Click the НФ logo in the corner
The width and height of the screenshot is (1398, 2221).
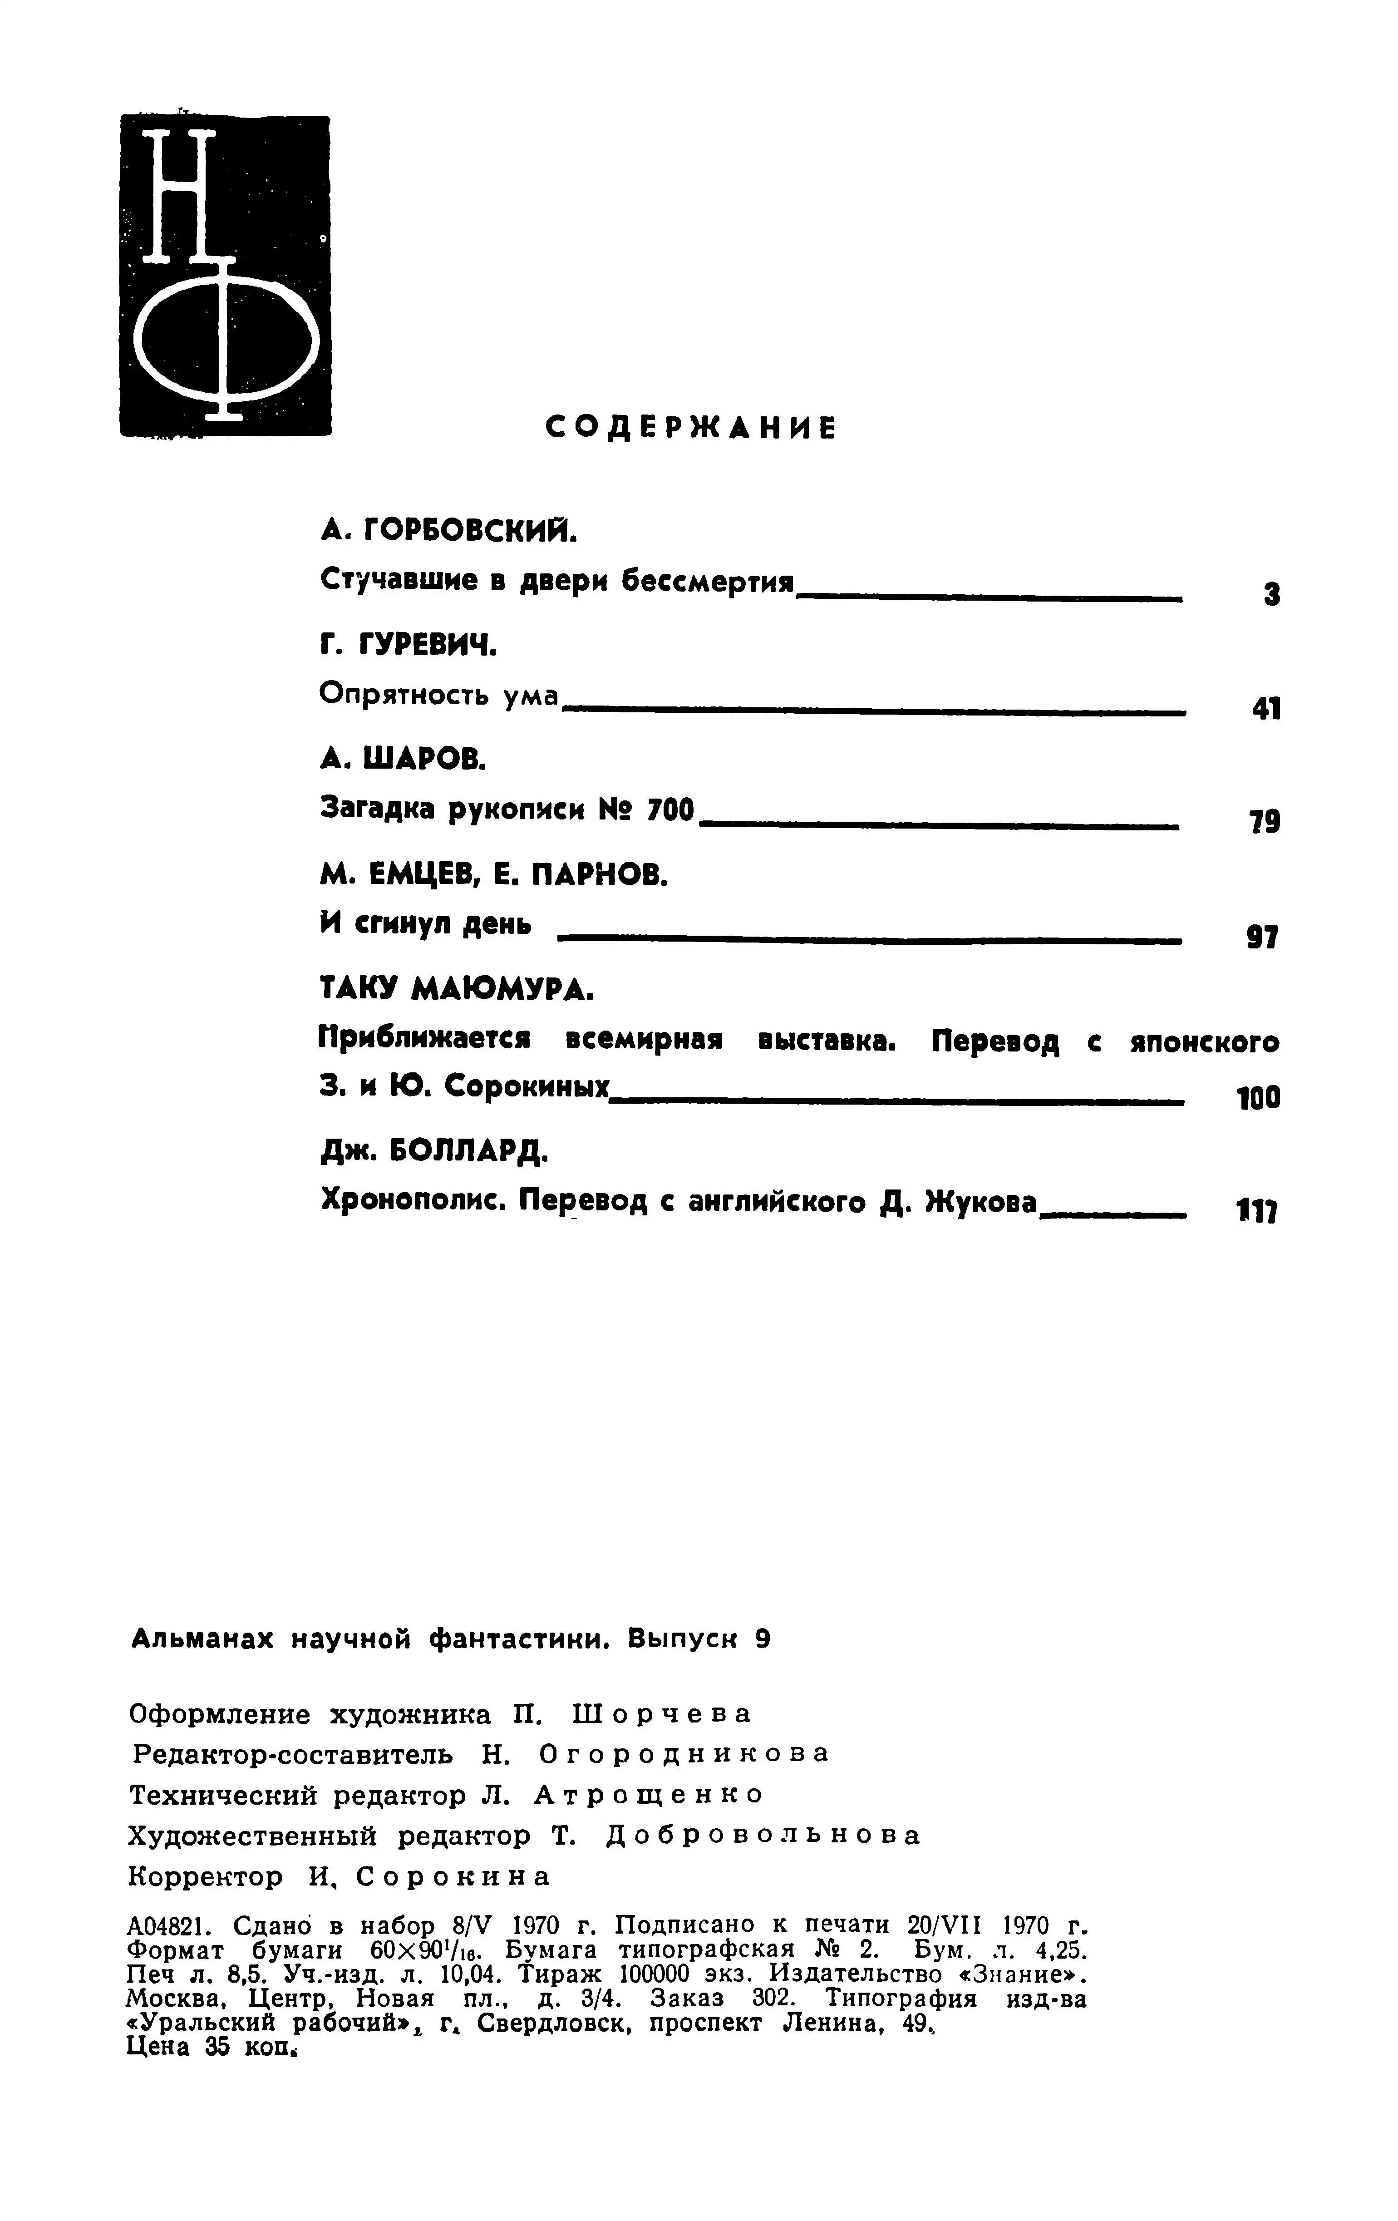(x=225, y=275)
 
